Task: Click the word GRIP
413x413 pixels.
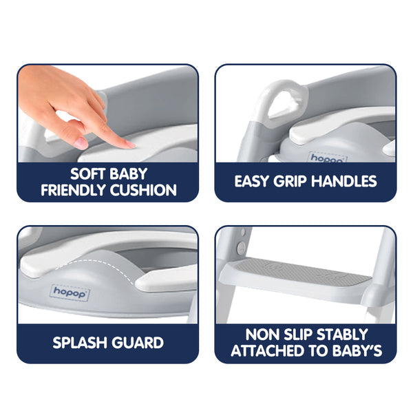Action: click(301, 182)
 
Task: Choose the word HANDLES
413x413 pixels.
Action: click(350, 182)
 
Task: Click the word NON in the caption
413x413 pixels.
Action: click(262, 335)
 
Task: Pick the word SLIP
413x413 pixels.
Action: click(297, 335)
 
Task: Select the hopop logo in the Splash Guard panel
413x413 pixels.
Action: click(70, 292)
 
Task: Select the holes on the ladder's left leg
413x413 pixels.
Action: click(240, 246)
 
